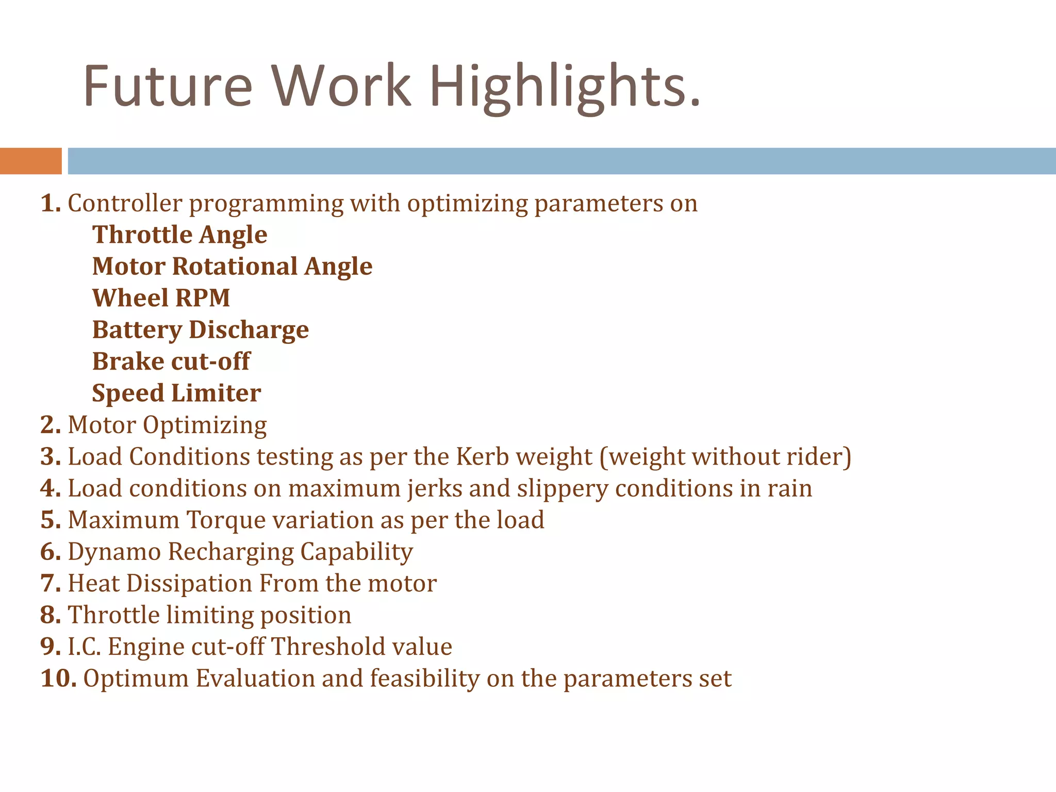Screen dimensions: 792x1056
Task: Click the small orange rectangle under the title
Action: tap(30, 161)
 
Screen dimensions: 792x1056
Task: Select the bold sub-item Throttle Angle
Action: tap(179, 235)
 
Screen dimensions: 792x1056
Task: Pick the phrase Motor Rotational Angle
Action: tap(232, 267)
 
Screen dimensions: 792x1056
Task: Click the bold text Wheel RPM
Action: tap(161, 298)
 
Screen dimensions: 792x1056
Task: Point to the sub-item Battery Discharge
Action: tap(200, 330)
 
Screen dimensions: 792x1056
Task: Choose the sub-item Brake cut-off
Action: tap(171, 361)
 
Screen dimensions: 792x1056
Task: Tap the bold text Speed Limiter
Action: tap(176, 393)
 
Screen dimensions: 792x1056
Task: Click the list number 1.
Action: tap(50, 203)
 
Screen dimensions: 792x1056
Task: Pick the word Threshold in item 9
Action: tap(328, 647)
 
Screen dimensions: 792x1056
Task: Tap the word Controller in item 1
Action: tap(125, 203)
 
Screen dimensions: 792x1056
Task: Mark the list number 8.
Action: tap(50, 615)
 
